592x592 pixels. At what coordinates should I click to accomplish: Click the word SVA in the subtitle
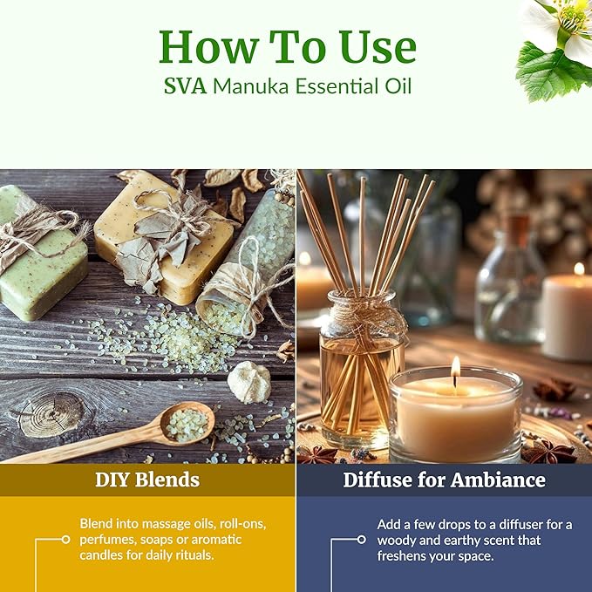coord(186,88)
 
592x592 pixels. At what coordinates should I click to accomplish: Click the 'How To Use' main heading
coord(288,47)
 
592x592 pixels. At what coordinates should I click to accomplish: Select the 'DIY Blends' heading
coord(147,480)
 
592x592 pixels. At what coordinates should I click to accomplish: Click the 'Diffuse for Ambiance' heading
coord(444,480)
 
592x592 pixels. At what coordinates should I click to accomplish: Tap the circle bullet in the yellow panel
coord(65,540)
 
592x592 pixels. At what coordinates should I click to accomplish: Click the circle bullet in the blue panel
coord(362,540)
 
